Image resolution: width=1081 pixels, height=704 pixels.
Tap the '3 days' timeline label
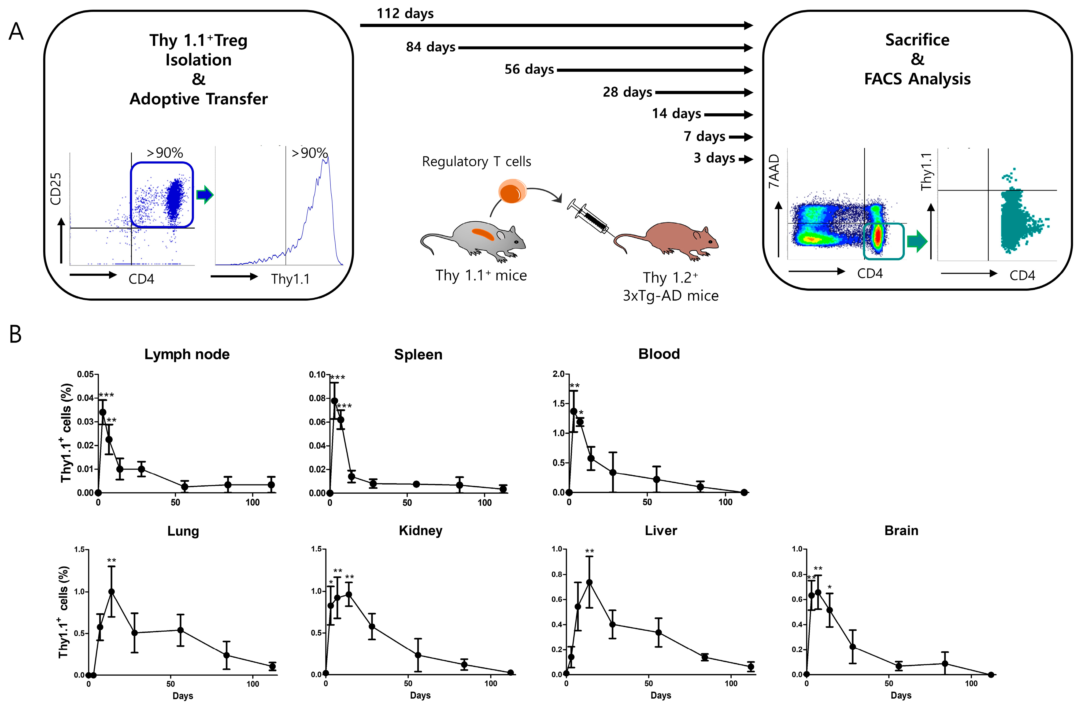point(714,158)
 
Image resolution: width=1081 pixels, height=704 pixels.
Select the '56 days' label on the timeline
point(529,69)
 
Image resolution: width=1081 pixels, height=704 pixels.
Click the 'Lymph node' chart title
point(187,354)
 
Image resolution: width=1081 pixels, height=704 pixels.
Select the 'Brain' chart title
point(901,531)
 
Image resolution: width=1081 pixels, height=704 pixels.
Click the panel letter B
point(16,334)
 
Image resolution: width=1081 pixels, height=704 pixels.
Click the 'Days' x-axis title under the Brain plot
point(901,695)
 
